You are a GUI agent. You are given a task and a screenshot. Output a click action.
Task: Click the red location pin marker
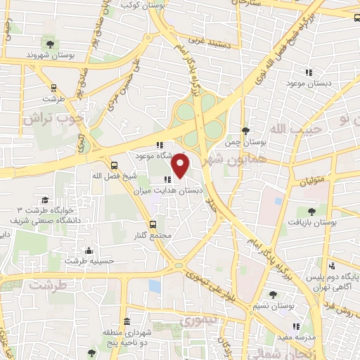[181, 166]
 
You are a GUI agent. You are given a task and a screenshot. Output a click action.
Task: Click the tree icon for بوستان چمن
[245, 130]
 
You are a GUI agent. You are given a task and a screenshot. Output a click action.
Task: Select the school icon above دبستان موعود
[308, 72]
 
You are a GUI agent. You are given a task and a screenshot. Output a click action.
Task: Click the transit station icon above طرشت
[53, 88]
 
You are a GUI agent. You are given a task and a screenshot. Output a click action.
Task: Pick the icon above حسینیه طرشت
[88, 250]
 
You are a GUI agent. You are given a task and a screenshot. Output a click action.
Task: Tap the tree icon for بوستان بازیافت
[311, 210]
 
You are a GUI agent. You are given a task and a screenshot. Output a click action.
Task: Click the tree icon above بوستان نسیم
[274, 295]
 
